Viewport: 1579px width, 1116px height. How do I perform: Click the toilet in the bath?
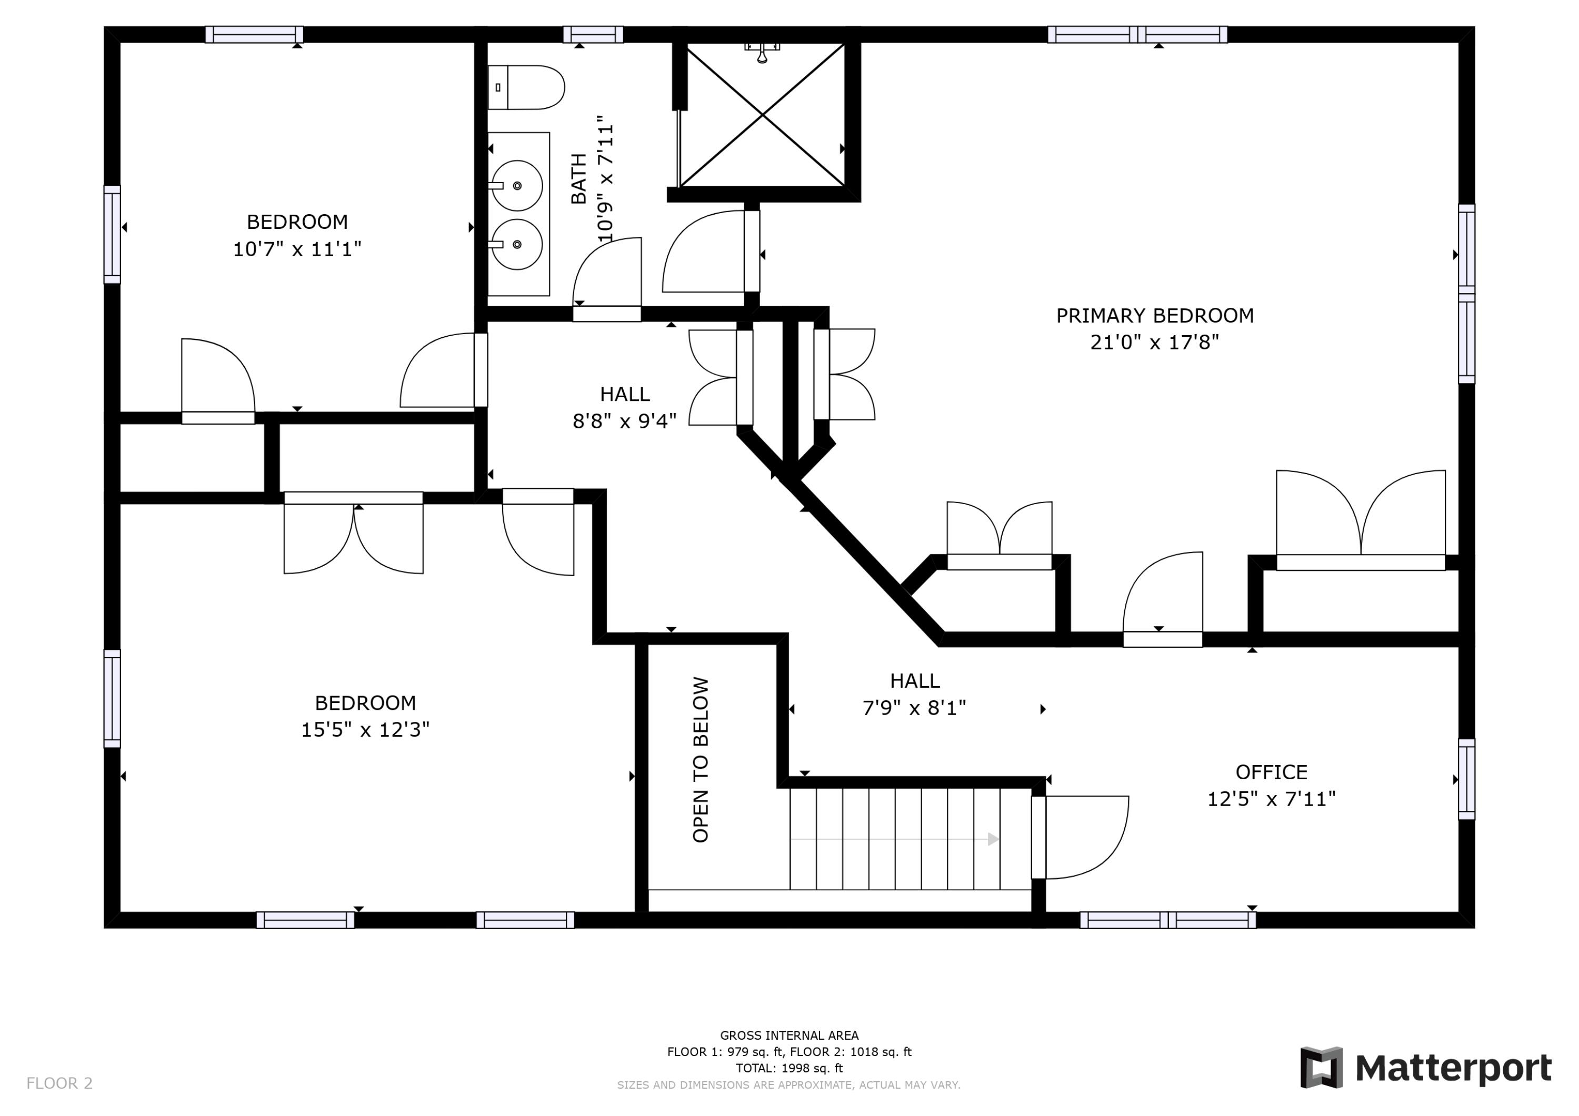pyautogui.click(x=526, y=87)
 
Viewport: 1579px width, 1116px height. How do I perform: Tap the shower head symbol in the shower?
pyautogui.click(x=762, y=52)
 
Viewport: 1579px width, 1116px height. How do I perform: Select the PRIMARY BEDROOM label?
pyautogui.click(x=1155, y=316)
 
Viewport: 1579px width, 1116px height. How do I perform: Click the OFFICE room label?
pyautogui.click(x=1272, y=772)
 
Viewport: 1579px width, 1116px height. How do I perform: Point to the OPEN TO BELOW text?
pyautogui.click(x=700, y=760)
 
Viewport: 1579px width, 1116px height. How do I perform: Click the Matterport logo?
pyautogui.click(x=1426, y=1068)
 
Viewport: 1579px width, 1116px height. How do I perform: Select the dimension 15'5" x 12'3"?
pyautogui.click(x=365, y=730)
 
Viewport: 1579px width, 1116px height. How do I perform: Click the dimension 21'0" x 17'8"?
pyautogui.click(x=1155, y=343)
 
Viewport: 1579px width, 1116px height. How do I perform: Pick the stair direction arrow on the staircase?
pyautogui.click(x=895, y=839)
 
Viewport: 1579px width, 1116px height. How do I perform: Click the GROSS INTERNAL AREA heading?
pyautogui.click(x=789, y=1035)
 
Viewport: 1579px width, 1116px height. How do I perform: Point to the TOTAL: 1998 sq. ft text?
pyautogui.click(x=789, y=1069)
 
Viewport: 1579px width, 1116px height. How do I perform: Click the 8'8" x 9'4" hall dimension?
pyautogui.click(x=624, y=421)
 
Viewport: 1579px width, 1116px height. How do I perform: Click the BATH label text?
pyautogui.click(x=579, y=179)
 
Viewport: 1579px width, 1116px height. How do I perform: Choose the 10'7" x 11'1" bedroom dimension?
pyautogui.click(x=297, y=249)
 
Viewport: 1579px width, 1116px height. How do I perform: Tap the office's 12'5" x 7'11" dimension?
pyautogui.click(x=1272, y=799)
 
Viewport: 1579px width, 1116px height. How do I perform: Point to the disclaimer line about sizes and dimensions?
pyautogui.click(x=789, y=1085)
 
